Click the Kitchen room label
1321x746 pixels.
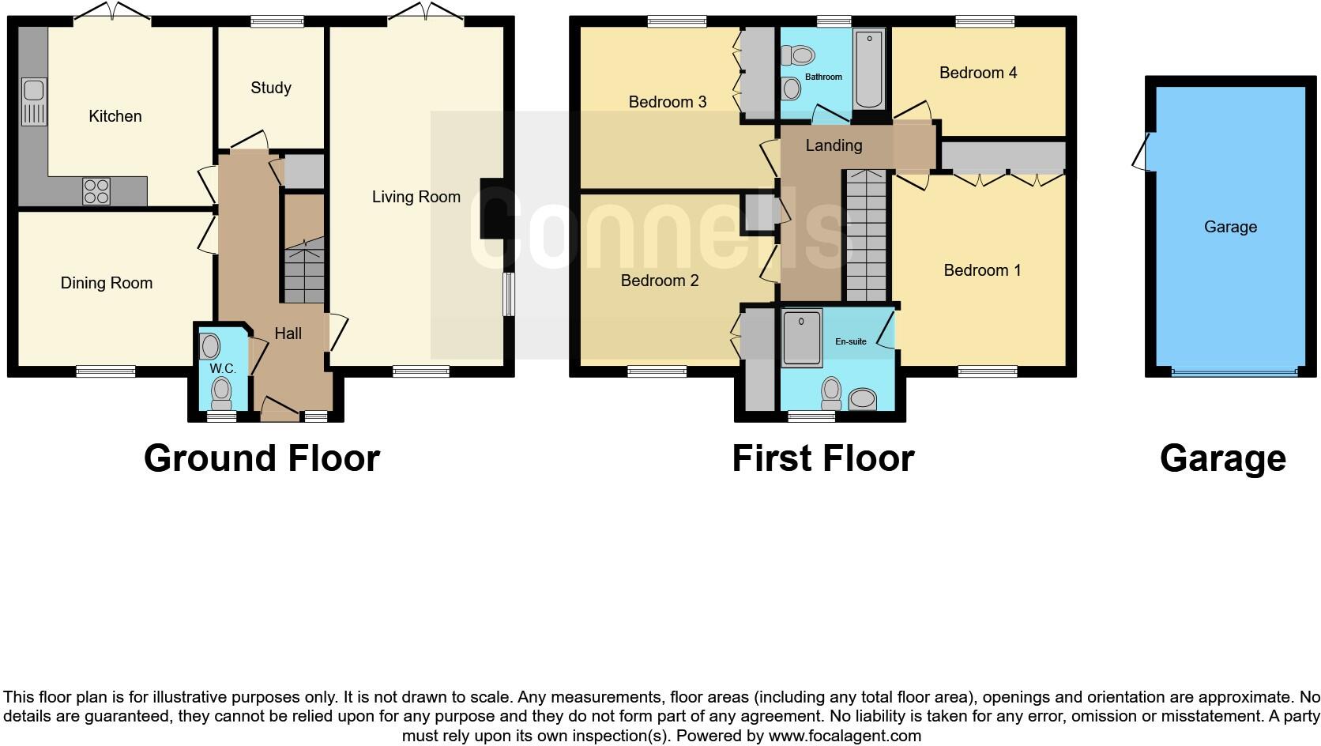click(115, 117)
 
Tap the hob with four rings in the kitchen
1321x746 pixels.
click(96, 191)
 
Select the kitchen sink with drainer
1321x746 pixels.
click(33, 102)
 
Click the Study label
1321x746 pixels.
click(271, 88)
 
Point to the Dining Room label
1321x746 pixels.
click(107, 283)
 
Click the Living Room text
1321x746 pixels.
click(416, 197)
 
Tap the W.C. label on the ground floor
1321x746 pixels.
click(223, 369)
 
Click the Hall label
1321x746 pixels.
click(288, 333)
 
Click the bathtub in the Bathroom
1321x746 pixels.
click(870, 70)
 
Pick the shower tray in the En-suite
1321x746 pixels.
click(802, 338)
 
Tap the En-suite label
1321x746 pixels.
click(851, 341)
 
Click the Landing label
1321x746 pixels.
click(834, 145)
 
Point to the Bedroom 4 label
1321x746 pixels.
click(977, 73)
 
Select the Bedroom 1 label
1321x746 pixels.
click(982, 270)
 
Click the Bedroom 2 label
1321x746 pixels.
click(660, 281)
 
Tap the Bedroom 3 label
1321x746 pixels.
click(668, 102)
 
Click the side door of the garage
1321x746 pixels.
click(1140, 151)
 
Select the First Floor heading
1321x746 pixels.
click(822, 458)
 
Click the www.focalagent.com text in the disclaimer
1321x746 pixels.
click(845, 736)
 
